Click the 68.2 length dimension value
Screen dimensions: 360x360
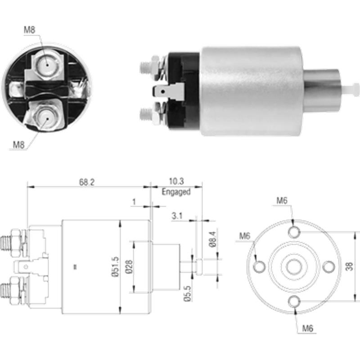tap(87, 182)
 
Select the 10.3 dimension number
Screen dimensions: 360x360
tap(176, 181)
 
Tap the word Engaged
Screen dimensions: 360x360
tap(176, 192)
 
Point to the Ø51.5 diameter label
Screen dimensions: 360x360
tap(116, 266)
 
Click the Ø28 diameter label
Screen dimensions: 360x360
tap(129, 266)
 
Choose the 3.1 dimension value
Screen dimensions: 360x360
tap(177, 216)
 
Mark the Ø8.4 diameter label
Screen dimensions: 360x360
tap(213, 239)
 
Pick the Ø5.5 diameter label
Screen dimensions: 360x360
tap(188, 293)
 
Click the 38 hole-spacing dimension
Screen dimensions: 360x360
tap(350, 266)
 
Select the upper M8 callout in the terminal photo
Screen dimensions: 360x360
tap(30, 30)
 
